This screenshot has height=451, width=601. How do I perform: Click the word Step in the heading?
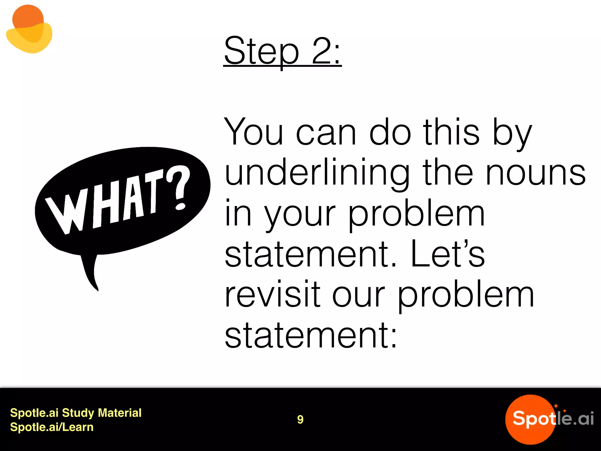coord(261,51)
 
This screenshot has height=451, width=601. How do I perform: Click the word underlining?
coord(317,173)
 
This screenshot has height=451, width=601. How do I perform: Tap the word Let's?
coord(448,254)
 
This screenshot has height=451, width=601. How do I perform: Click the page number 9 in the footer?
coord(300,419)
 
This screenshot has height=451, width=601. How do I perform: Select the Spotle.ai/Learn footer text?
coord(52,427)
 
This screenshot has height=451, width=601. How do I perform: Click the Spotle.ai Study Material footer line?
coord(76,413)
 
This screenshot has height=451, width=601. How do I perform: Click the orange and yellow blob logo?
coord(29,29)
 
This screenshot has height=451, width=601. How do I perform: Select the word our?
coord(358,295)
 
